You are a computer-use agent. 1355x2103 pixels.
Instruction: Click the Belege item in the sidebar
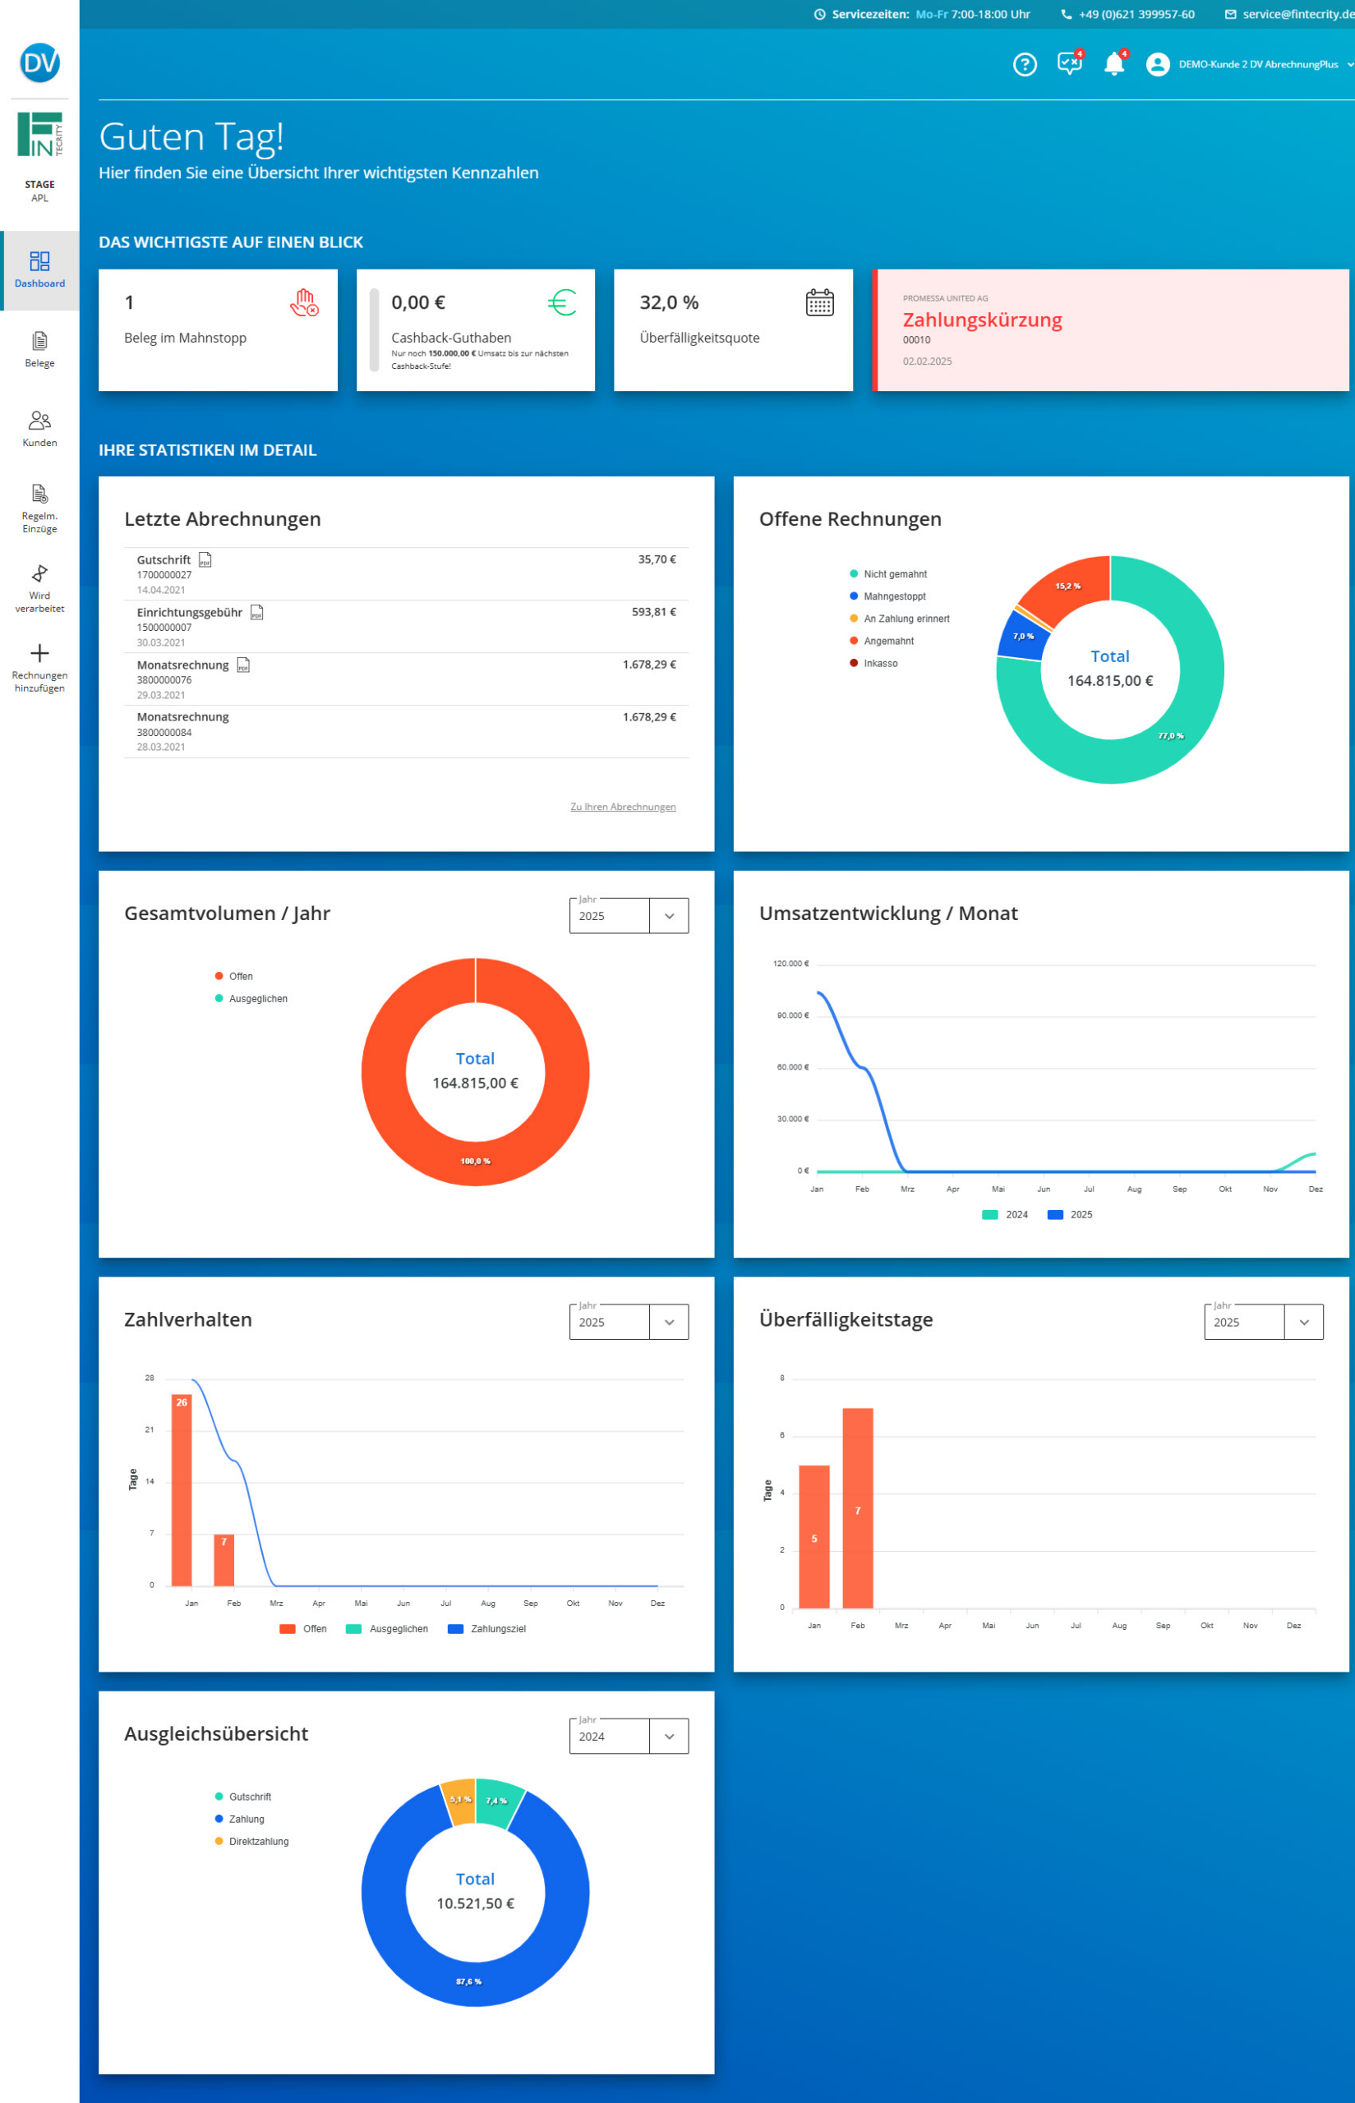click(x=39, y=349)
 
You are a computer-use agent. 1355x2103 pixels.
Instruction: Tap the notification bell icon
click(x=1114, y=64)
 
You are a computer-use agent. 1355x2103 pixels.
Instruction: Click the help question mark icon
click(x=1024, y=64)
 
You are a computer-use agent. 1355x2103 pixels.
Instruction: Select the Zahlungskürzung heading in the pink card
click(x=982, y=320)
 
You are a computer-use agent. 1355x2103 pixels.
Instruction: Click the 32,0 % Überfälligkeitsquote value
click(x=669, y=302)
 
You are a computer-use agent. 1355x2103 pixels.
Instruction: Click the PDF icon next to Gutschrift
click(x=205, y=560)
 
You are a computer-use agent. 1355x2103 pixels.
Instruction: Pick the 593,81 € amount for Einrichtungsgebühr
click(x=653, y=612)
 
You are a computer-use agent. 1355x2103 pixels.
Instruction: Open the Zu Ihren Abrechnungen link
click(x=622, y=807)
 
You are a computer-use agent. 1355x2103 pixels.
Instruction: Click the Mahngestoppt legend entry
click(x=894, y=596)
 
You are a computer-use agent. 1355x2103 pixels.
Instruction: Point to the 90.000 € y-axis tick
click(x=792, y=1016)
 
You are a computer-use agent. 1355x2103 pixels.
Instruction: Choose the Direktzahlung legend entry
click(x=258, y=1842)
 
